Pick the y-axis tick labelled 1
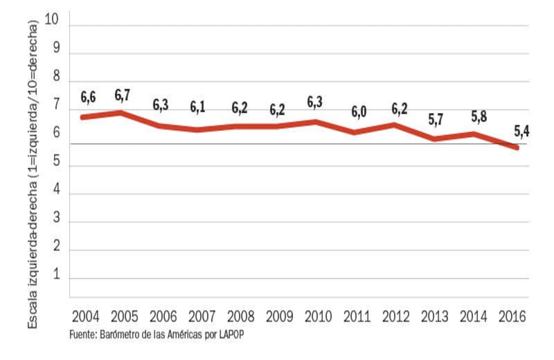[56, 277]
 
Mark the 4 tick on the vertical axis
[56, 192]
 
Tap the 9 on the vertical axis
[56, 48]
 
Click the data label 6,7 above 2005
[123, 94]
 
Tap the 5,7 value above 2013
[435, 119]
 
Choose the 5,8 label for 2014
[479, 116]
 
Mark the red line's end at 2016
[516, 147]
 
